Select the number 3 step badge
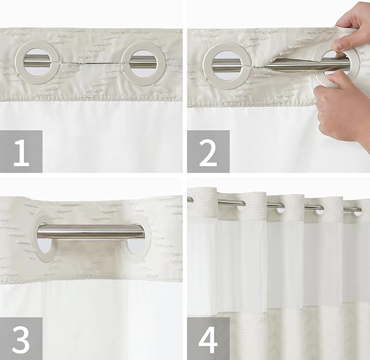(x=21, y=338)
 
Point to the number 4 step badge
(x=208, y=338)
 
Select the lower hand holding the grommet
(x=341, y=103)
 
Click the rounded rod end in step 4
(x=190, y=200)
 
